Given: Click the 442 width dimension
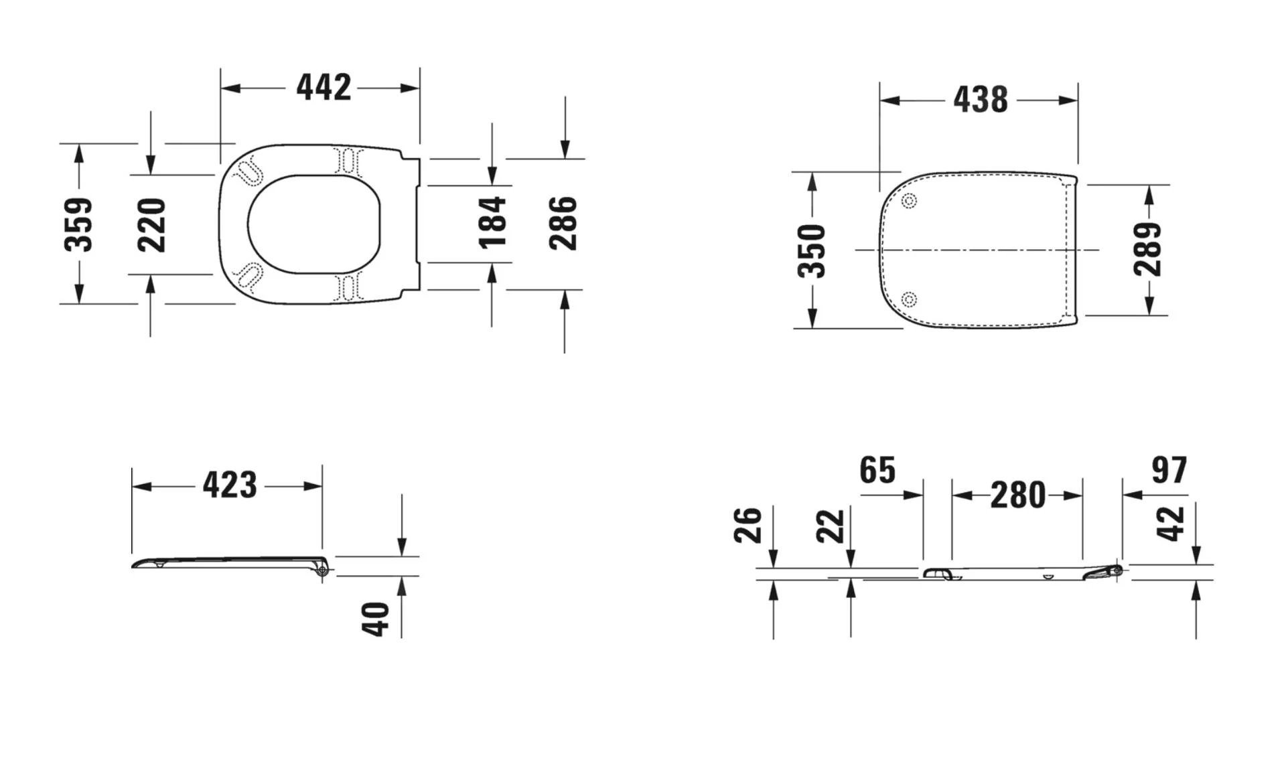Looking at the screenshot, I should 324,88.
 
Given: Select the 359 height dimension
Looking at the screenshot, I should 78,224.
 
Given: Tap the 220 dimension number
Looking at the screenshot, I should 151,224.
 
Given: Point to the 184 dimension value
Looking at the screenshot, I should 492,222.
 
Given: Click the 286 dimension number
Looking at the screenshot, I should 563,223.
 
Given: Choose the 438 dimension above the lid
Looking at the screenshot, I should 980,100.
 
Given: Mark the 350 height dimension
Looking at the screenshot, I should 812,250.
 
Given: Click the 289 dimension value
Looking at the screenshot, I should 1147,249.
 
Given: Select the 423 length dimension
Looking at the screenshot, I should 230,485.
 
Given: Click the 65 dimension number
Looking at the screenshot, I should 877,471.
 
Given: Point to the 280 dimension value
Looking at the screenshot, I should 1017,496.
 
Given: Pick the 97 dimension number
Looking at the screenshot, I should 1169,471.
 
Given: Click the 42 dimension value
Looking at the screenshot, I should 1171,523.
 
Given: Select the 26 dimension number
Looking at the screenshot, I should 748,525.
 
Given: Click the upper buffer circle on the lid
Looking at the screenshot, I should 909,201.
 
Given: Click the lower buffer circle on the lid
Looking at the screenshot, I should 909,299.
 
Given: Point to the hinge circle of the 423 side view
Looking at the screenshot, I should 323,570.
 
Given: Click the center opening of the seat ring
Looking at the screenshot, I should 313,224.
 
